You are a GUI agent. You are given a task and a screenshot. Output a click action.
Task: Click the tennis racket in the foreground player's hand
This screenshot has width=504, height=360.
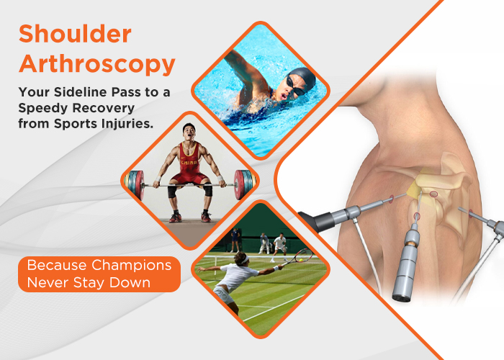[303, 255]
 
